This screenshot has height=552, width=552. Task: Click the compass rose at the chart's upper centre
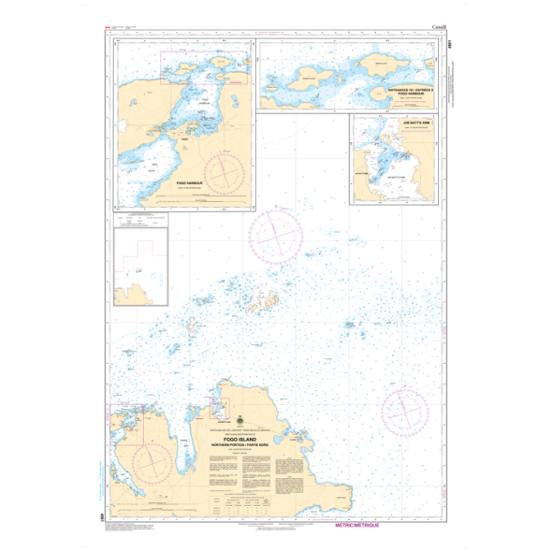pyautogui.click(x=275, y=234)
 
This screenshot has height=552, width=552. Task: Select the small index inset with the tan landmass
pyautogui.click(x=140, y=268)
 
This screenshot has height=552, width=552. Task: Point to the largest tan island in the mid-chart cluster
pyautogui.click(x=267, y=302)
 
